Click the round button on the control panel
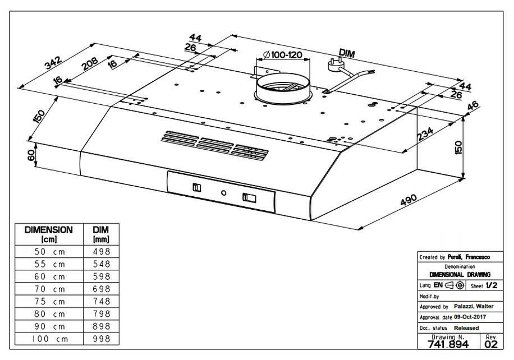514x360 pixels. (224, 193)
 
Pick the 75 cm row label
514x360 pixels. (51, 302)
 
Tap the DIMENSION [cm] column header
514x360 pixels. (48, 234)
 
